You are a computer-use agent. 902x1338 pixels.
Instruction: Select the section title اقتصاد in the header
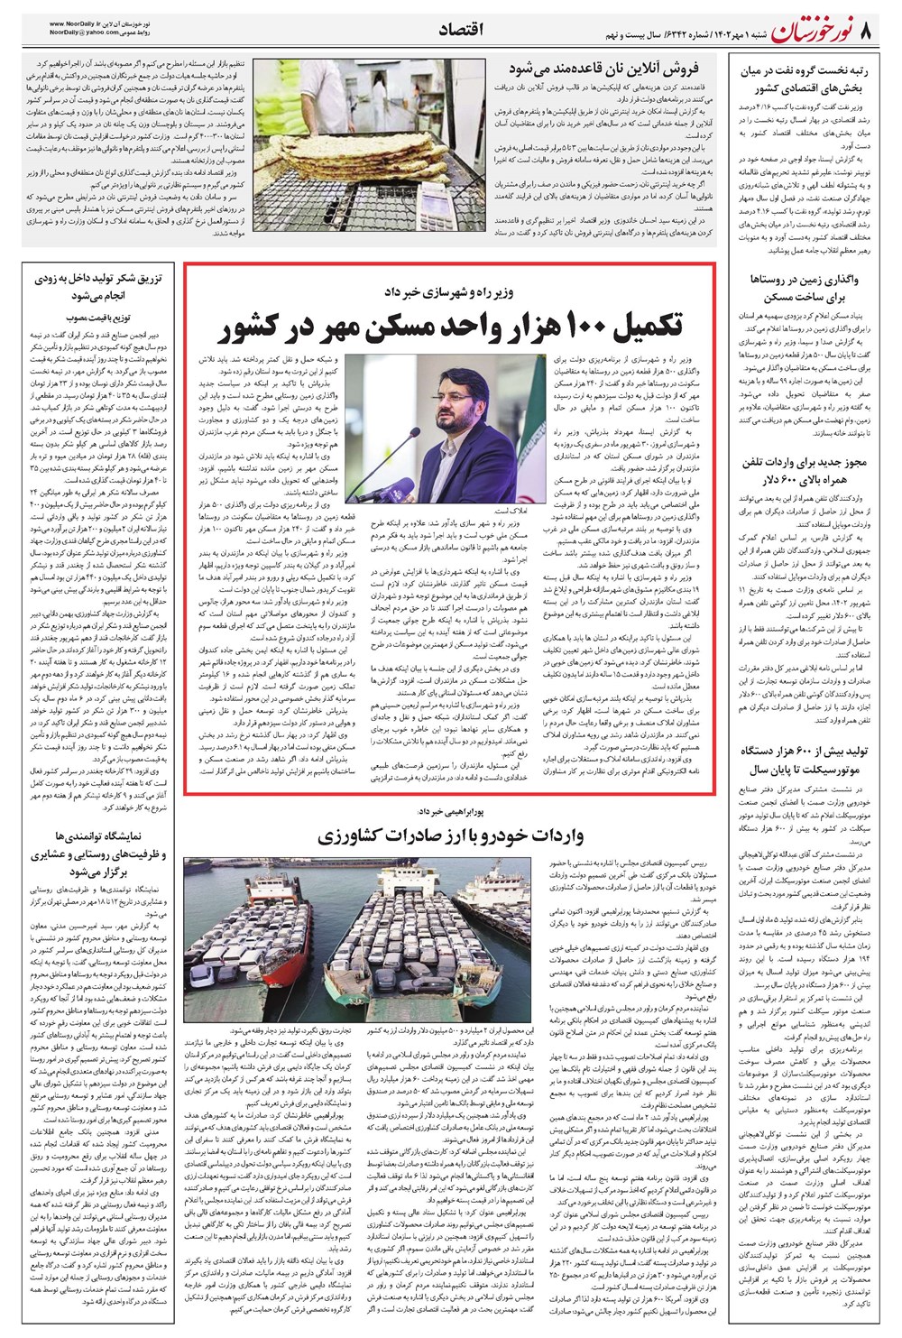[x=461, y=31]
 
